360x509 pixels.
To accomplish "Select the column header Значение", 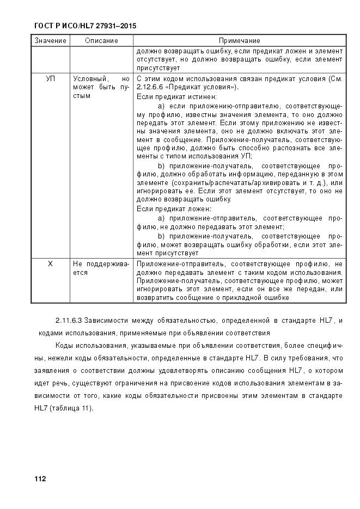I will click(51, 41).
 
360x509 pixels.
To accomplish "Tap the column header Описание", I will click(101, 41).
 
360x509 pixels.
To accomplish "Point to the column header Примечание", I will click(239, 41).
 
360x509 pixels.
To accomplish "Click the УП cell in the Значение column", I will click(51, 78).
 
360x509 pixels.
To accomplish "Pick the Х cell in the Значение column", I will click(51, 263).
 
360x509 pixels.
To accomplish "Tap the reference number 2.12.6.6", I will click(151, 87).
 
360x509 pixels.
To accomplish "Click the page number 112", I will click(40, 479).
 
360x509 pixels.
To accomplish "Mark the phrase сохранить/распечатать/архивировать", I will click(229, 182).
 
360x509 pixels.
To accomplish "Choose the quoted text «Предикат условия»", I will click(204, 87).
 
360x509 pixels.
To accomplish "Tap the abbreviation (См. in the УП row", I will click(334, 78).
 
